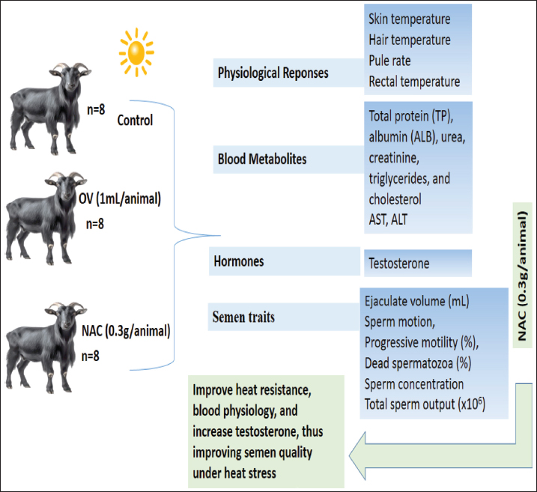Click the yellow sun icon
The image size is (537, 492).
click(136, 52)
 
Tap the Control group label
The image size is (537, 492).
click(135, 120)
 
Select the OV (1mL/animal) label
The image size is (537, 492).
click(120, 198)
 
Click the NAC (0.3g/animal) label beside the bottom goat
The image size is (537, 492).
click(126, 331)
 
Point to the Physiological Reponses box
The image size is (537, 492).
click(288, 73)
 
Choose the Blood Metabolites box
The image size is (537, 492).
click(288, 160)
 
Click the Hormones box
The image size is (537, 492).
click(285, 261)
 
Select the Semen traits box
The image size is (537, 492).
click(283, 317)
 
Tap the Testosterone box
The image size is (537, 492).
click(418, 264)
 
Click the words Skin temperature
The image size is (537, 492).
click(409, 19)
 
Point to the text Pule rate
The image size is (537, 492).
click(389, 61)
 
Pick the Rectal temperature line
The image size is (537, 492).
click(414, 82)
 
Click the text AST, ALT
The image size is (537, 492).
click(388, 220)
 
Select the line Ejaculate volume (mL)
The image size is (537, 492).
click(416, 301)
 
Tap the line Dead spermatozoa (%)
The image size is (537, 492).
click(418, 363)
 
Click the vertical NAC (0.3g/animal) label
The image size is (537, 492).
click(522, 276)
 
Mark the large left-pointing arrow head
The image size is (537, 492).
click(357, 456)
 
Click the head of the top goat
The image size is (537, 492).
click(70, 76)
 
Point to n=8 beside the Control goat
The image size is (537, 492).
click(96, 109)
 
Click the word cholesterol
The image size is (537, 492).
click(395, 199)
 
